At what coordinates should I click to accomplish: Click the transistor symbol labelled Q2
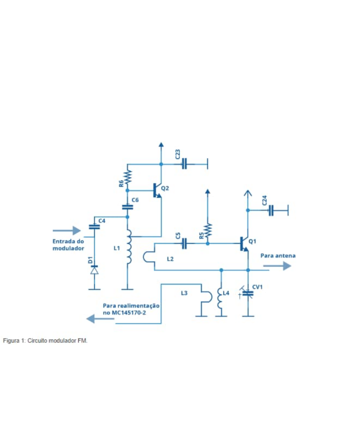[157, 190]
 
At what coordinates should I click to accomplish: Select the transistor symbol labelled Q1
[244, 243]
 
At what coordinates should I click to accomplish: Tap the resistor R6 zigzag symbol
[128, 177]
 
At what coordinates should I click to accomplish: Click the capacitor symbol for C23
[184, 164]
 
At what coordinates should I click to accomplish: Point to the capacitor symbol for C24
[271, 210]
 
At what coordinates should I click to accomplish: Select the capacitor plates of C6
[128, 207]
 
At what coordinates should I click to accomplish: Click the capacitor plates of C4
[94, 226]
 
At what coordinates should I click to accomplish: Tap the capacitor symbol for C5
[184, 243]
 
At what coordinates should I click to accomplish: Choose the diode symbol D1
[94, 270]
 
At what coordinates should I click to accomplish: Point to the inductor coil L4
[221, 298]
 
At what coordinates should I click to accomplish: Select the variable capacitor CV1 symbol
[248, 293]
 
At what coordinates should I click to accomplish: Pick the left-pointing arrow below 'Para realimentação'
[100, 318]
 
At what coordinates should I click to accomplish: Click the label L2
[170, 259]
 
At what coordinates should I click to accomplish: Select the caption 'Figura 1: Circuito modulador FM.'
[45, 340]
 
